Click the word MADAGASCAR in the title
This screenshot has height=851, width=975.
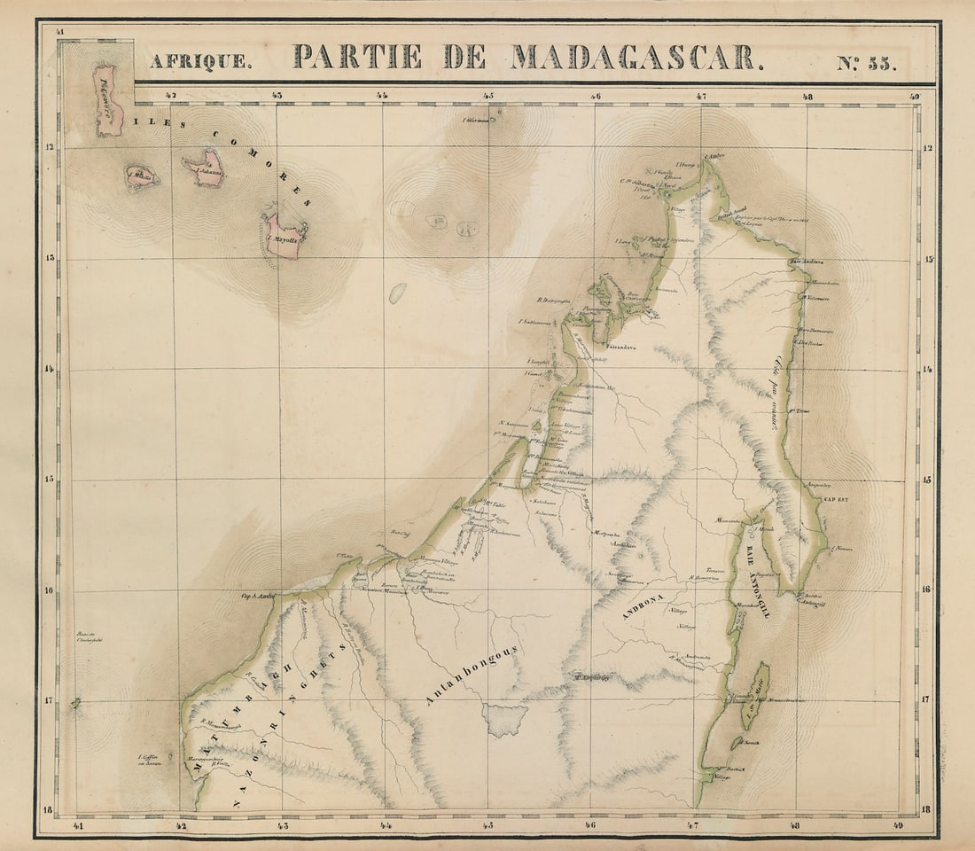pyautogui.click(x=635, y=58)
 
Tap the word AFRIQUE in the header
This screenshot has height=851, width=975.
pyautogui.click(x=200, y=62)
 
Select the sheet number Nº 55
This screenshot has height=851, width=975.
pyautogui.click(x=867, y=62)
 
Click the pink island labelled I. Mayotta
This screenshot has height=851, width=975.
pyautogui.click(x=285, y=235)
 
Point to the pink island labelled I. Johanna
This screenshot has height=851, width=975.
pyautogui.click(x=208, y=168)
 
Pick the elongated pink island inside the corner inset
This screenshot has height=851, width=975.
pyautogui.click(x=107, y=99)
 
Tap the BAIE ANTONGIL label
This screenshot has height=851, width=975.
pyautogui.click(x=758, y=582)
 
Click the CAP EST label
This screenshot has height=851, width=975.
pyautogui.click(x=836, y=500)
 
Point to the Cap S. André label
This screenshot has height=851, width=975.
pyautogui.click(x=257, y=597)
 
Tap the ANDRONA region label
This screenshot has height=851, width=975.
pyautogui.click(x=644, y=599)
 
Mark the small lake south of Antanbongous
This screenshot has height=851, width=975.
pyautogui.click(x=506, y=718)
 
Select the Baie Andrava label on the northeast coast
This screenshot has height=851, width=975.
pyautogui.click(x=807, y=262)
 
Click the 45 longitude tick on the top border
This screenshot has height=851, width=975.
pyautogui.click(x=488, y=96)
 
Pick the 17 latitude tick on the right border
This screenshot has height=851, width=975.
pyautogui.click(x=925, y=699)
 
